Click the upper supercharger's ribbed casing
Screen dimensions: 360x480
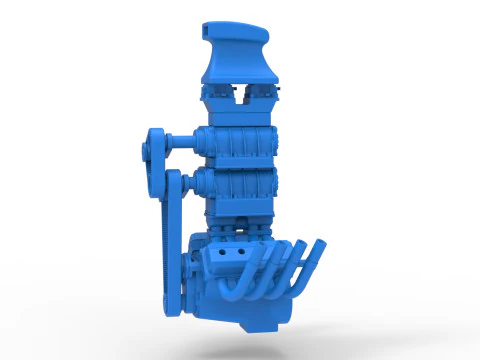coord(240,145)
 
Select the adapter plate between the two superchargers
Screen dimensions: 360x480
coord(240,166)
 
